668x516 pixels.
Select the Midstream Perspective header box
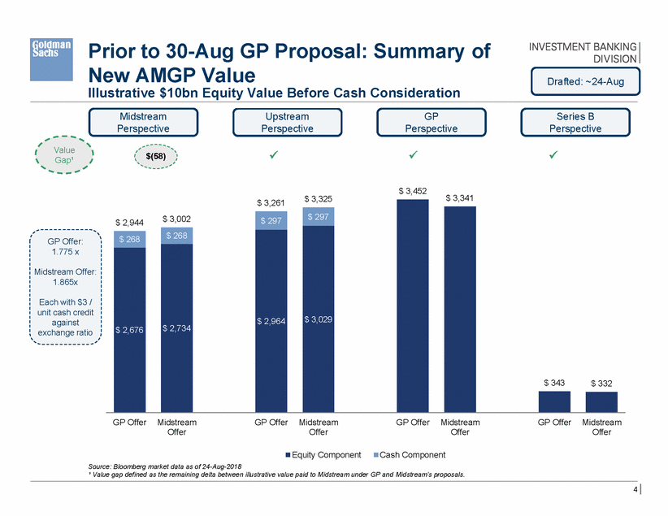tap(143, 122)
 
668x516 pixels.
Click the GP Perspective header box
tap(432, 122)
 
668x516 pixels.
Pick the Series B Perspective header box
tap(575, 122)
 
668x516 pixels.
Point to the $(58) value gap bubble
tap(154, 154)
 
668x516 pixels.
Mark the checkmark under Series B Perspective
tap(553, 154)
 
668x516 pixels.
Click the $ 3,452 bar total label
tap(412, 190)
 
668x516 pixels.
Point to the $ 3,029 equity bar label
tap(318, 319)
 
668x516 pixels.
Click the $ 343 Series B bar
tap(554, 401)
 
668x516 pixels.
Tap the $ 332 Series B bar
tap(601, 402)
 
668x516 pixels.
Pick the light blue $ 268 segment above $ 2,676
tap(129, 239)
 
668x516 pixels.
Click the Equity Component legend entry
tap(317, 453)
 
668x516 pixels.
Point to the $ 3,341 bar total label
tap(460, 197)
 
